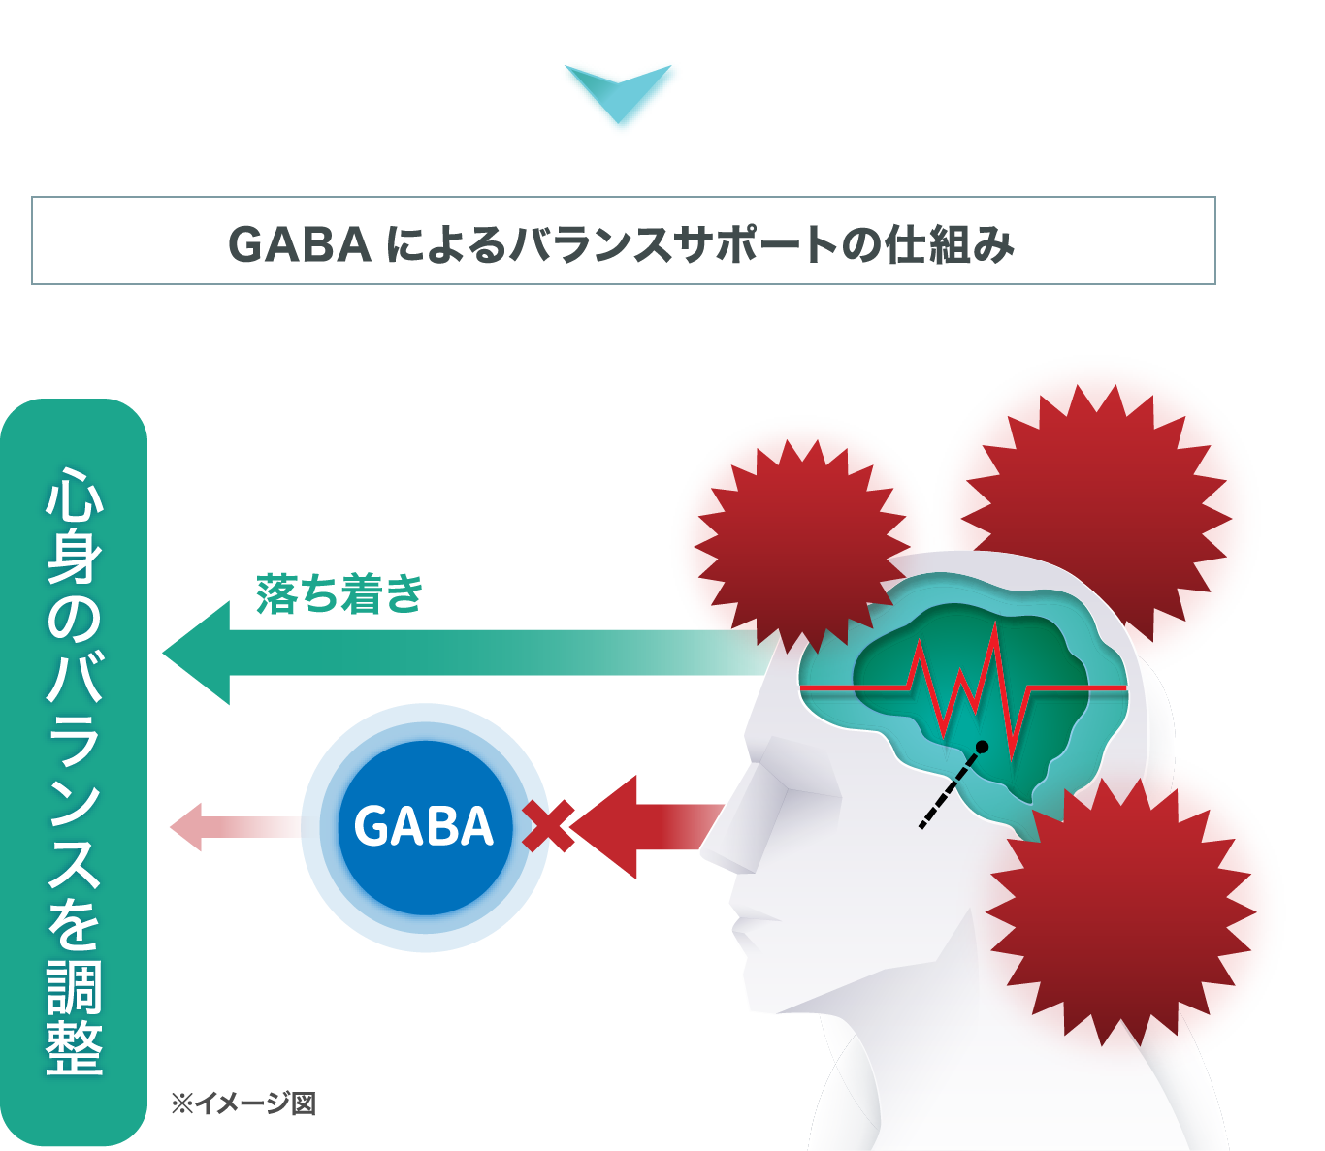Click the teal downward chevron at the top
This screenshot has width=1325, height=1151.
[x=621, y=95]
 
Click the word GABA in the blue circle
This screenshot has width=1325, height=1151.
[x=424, y=827]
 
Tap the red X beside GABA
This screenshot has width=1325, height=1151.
[x=544, y=826]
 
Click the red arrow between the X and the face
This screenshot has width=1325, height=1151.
[x=660, y=827]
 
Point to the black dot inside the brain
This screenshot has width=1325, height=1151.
[x=982, y=747]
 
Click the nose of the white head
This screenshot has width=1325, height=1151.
[x=723, y=844]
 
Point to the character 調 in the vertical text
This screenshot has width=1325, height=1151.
[x=75, y=986]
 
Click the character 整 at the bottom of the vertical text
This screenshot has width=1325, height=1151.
[x=75, y=1047]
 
